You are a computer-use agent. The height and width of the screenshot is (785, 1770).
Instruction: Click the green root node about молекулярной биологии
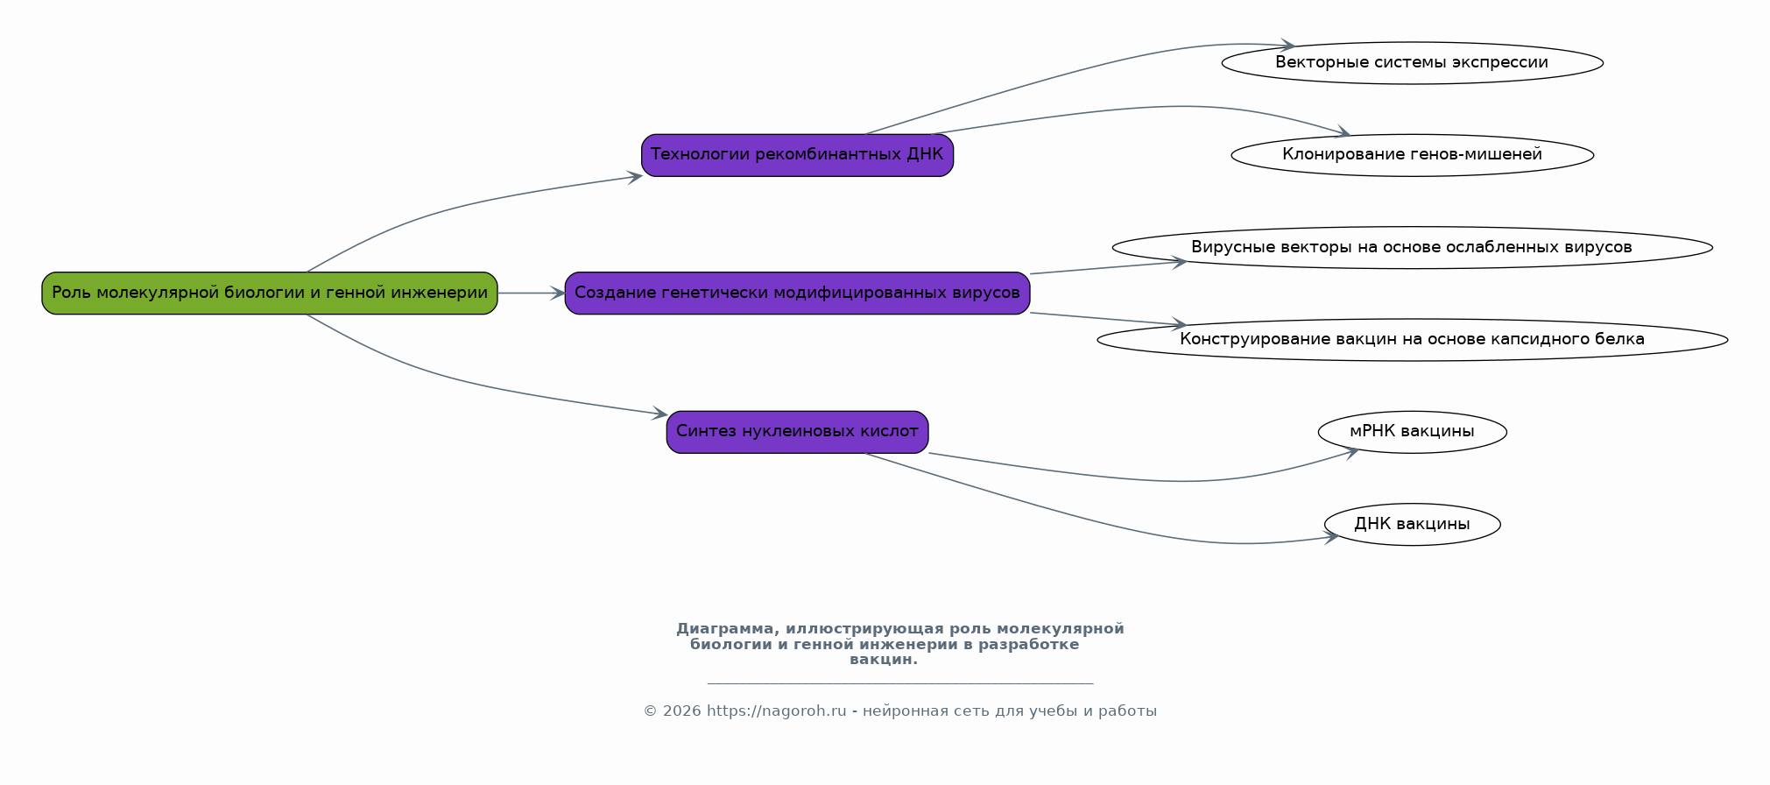[x=270, y=293]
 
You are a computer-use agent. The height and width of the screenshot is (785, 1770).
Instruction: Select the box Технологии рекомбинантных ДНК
[x=797, y=155]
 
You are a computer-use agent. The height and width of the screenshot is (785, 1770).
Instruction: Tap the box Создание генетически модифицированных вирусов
[x=797, y=293]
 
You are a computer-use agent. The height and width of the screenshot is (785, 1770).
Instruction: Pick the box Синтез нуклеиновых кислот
[x=797, y=432]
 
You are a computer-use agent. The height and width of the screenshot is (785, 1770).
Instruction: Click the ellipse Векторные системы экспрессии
[x=1412, y=63]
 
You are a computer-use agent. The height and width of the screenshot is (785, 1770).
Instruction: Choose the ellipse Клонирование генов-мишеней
[x=1412, y=155]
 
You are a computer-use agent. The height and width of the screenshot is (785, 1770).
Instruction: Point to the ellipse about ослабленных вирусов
[x=1412, y=247]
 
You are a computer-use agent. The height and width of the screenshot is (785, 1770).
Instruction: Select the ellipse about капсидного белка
[x=1412, y=340]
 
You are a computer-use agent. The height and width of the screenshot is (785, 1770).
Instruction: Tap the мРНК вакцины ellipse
[x=1412, y=432]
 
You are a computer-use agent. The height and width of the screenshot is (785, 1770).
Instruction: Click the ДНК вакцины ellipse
[x=1412, y=524]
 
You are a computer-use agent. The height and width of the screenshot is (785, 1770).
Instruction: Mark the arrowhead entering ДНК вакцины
[x=1331, y=538]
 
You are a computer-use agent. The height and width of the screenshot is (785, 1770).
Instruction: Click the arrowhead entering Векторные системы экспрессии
[x=1287, y=46]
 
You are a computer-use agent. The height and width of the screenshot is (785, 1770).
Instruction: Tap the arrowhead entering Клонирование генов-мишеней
[x=1342, y=133]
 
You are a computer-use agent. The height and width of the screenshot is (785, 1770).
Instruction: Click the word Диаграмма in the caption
[x=724, y=629]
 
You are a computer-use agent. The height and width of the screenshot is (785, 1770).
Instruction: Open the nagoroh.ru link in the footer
[x=777, y=711]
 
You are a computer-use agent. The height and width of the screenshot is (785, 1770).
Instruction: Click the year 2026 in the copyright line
[x=682, y=711]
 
